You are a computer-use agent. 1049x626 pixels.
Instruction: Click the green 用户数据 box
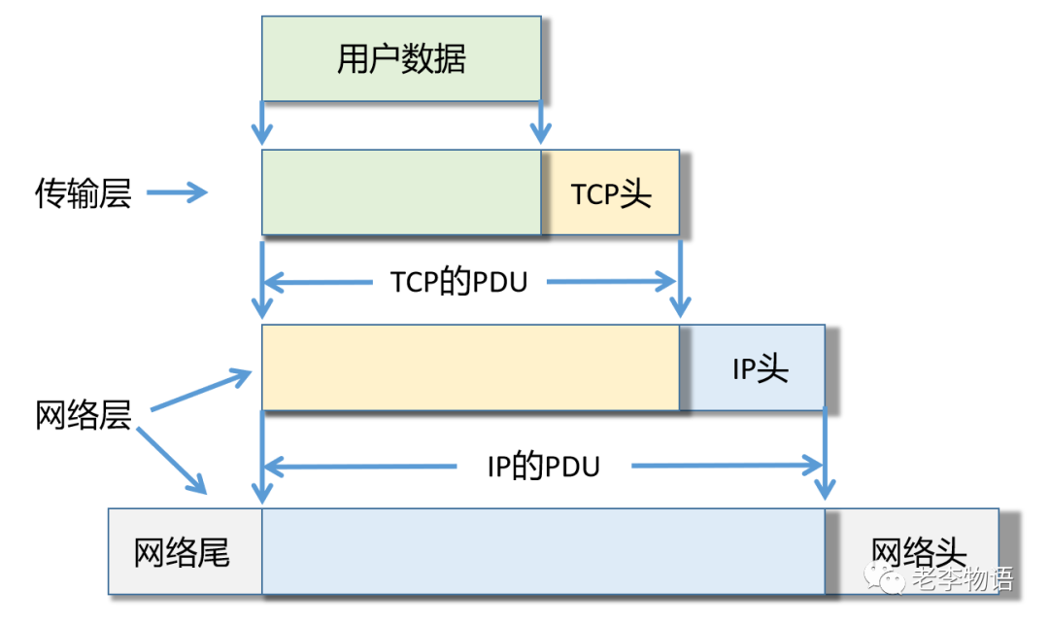coord(401,58)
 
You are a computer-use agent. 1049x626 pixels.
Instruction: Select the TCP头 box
coord(611,193)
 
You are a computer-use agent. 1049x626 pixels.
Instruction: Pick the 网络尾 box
coord(184,552)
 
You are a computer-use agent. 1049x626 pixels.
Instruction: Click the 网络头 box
coord(918,552)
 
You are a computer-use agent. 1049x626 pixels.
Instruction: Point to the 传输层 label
coord(84,193)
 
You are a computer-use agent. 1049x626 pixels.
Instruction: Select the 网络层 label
coord(84,416)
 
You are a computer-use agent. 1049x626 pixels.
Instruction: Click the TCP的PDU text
coord(458,282)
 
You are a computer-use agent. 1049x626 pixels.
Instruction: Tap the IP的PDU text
coord(543,467)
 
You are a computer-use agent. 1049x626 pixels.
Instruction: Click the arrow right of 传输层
coord(178,193)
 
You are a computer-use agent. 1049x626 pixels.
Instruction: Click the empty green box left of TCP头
coord(401,193)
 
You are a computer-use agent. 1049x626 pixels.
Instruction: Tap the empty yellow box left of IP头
coord(470,368)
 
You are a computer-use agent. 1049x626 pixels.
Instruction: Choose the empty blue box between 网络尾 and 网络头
coord(543,552)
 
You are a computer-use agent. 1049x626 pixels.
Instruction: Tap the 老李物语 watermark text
coord(962,580)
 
